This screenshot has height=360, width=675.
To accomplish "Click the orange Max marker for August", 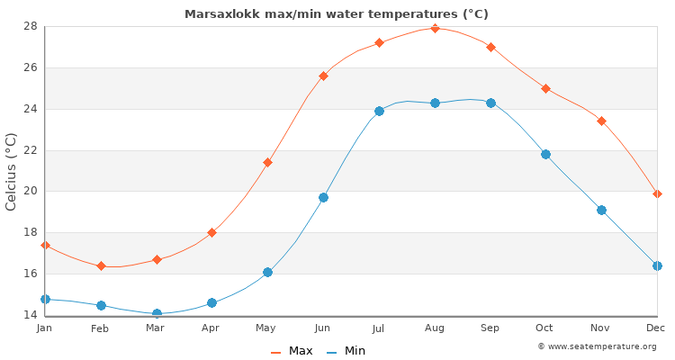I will (x=435, y=28).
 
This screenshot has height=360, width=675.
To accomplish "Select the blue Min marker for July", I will (x=379, y=111).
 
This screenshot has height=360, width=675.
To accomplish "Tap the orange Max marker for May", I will (x=267, y=162).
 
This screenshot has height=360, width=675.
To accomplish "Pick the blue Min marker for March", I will (x=157, y=314).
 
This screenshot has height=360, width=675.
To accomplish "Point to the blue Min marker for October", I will (x=545, y=154).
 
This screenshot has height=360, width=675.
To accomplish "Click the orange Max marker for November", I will (x=601, y=121).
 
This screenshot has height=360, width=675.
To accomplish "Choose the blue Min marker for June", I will (x=323, y=197).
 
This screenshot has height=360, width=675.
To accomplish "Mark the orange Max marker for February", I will (x=101, y=265).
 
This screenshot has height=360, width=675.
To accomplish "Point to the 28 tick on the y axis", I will (x=30, y=26).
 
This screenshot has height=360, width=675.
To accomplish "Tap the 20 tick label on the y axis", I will (x=30, y=191).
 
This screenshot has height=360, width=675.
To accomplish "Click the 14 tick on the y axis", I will (x=30, y=315).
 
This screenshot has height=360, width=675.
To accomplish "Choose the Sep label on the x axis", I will (x=490, y=328).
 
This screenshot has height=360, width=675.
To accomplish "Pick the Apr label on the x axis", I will (x=211, y=328).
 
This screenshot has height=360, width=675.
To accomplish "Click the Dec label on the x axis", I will (x=656, y=328).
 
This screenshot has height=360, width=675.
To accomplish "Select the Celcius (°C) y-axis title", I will (x=12, y=171).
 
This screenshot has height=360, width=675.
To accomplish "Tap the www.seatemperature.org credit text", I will (x=601, y=346).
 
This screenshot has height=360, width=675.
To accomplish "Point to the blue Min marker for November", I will (x=601, y=210).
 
